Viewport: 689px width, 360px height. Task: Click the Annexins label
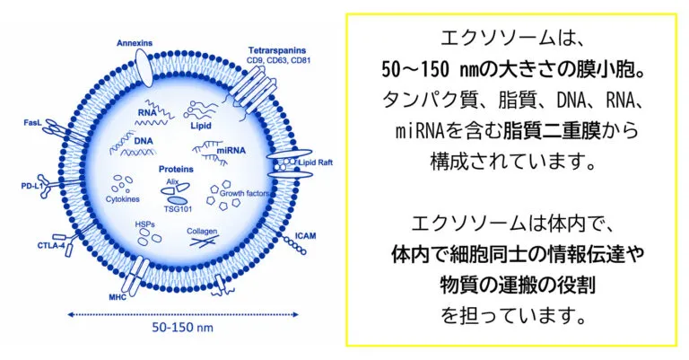tap(135, 43)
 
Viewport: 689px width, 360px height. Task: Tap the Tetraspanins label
tap(277, 50)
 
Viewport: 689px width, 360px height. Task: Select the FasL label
tap(32, 123)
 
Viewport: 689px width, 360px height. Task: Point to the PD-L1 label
tap(32, 187)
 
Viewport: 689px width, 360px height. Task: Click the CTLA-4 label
tap(51, 246)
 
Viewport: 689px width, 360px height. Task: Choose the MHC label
tap(118, 297)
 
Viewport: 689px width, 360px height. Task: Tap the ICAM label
tap(305, 236)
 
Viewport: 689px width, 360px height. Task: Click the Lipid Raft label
tap(316, 162)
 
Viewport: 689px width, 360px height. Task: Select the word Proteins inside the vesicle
tap(176, 170)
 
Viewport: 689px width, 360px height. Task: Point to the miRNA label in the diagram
tap(231, 151)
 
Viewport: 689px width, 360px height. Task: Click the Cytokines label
tap(123, 199)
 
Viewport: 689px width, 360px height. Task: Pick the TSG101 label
tap(178, 209)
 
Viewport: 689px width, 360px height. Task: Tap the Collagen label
tap(202, 232)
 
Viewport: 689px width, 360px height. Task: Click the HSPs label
tap(145, 224)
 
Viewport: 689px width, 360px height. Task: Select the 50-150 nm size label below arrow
tap(182, 328)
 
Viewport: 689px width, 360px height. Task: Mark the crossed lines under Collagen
tap(204, 241)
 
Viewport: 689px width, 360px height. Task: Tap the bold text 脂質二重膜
tap(552, 131)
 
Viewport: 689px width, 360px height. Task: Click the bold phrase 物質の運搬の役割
tap(518, 285)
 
